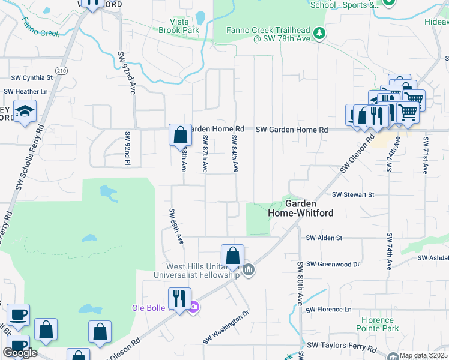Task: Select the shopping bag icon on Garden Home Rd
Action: [x=180, y=136]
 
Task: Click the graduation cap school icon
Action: [x=25, y=112]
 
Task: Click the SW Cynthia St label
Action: [x=32, y=77]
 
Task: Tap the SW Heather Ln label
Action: [x=26, y=91]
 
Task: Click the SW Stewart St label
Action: [x=353, y=194]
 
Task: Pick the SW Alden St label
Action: [x=324, y=238]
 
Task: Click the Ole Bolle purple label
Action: [x=152, y=308]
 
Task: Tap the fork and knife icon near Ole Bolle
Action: [x=179, y=298]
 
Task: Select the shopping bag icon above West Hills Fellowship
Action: [x=232, y=255]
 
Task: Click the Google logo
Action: [x=20, y=353]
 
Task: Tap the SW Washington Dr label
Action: [x=226, y=328]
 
